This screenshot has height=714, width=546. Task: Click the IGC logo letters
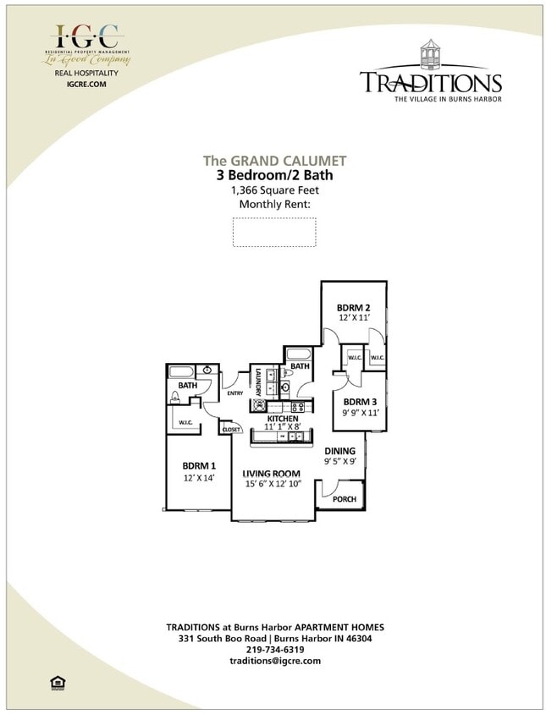click(x=87, y=37)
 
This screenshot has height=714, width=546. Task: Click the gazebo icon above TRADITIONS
click(x=432, y=53)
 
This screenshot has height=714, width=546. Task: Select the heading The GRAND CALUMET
click(x=274, y=161)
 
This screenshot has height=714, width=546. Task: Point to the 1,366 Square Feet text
click(x=274, y=190)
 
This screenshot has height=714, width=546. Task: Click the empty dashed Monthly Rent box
click(x=274, y=232)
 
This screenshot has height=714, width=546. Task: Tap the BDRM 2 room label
click(x=353, y=308)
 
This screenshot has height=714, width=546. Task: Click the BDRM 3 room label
click(x=360, y=402)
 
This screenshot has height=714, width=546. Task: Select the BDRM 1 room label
click(x=199, y=465)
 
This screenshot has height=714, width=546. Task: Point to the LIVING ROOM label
click(x=272, y=473)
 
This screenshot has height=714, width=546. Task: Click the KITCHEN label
click(x=283, y=419)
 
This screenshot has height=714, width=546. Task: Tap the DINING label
click(x=339, y=451)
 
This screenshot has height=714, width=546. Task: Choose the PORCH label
click(x=344, y=499)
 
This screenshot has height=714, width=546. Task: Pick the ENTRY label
click(x=235, y=393)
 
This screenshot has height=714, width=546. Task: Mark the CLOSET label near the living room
click(x=231, y=430)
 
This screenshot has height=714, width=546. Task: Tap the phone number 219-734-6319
click(x=274, y=650)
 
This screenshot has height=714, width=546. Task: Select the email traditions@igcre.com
click(x=274, y=661)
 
